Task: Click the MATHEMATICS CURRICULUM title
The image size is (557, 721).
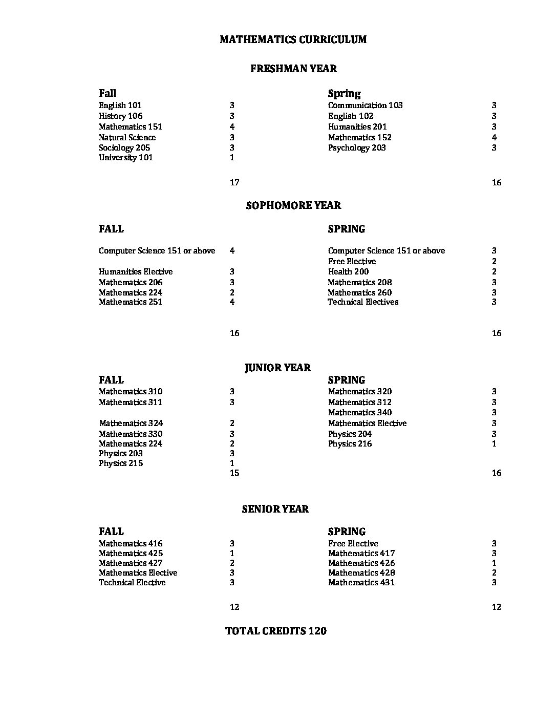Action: tap(293, 39)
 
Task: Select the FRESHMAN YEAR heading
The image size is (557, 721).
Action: tap(293, 69)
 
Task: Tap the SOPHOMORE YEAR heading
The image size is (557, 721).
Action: tap(293, 205)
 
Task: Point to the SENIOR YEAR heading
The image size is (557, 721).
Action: tap(275, 509)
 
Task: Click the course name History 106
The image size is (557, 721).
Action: tap(121, 116)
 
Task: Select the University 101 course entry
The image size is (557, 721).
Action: tap(126, 158)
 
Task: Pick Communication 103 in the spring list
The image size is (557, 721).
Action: tap(366, 105)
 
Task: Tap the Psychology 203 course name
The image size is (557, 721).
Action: tap(357, 148)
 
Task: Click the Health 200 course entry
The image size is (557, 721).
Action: tap(349, 272)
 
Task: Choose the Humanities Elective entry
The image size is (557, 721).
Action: tap(136, 272)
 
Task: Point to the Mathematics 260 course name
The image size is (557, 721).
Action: tap(360, 293)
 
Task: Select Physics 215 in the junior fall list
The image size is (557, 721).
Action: tap(121, 463)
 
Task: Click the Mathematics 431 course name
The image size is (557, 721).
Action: tap(361, 583)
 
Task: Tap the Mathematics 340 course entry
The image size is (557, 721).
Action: tap(360, 413)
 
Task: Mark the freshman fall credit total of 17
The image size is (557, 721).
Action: tap(234, 183)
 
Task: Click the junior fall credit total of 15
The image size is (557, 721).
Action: tap(234, 473)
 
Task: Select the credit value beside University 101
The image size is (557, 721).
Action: tap(232, 158)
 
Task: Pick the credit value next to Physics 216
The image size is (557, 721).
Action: tap(494, 444)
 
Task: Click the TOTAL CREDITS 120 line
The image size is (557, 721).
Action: tap(276, 631)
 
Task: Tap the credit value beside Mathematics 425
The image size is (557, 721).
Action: tap(232, 554)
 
